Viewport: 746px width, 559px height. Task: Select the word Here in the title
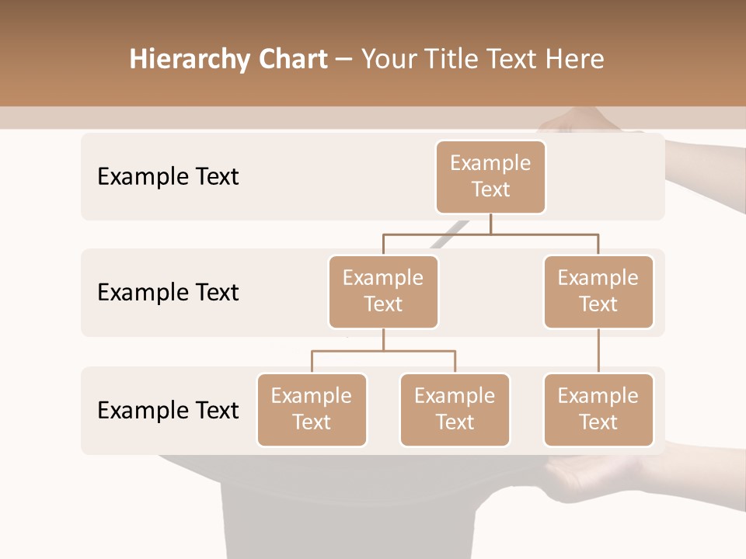[575, 60]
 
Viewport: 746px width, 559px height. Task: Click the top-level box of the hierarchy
[490, 177]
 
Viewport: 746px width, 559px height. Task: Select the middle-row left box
[383, 292]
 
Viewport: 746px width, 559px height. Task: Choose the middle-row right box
[598, 292]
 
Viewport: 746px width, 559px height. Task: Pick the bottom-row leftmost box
[312, 410]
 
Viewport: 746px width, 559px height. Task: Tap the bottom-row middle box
[455, 410]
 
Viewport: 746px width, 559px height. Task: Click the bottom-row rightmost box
[598, 410]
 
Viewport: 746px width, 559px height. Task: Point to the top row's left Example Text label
[168, 177]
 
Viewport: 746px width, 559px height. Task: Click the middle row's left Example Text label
[168, 293]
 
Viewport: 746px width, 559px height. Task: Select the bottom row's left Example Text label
[168, 410]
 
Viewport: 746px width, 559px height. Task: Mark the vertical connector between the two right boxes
[598, 351]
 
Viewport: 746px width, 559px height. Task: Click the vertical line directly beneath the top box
[490, 224]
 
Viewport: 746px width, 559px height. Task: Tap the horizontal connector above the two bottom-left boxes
[383, 351]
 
